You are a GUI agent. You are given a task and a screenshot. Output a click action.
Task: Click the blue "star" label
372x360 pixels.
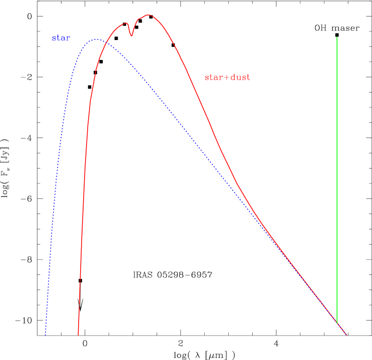61,38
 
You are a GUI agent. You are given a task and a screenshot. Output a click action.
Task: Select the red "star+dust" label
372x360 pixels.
227,77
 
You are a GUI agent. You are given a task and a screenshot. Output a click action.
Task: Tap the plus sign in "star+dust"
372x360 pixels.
223,77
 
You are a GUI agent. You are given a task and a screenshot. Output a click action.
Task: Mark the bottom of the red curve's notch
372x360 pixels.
132,36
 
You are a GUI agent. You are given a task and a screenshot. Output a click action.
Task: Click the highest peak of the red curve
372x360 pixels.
149,15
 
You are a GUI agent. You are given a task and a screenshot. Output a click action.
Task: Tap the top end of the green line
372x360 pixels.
337,37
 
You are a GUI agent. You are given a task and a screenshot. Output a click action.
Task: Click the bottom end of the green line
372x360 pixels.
337,322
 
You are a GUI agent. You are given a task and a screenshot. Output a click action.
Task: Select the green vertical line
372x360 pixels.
337,180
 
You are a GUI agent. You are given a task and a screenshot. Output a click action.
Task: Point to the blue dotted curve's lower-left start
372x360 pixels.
46,334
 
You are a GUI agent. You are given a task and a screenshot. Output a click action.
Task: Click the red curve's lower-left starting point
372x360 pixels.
79,334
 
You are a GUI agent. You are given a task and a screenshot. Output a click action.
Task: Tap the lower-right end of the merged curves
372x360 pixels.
346,335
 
